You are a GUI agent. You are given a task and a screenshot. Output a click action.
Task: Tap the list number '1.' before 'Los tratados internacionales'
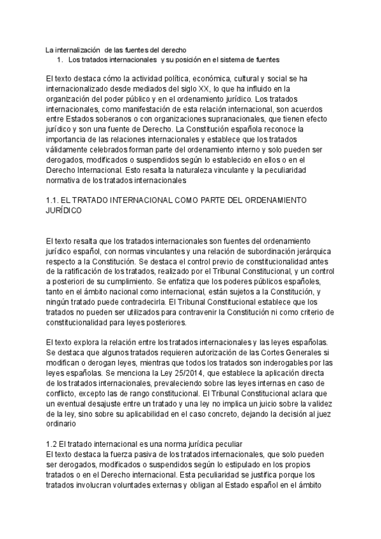tap(60, 59)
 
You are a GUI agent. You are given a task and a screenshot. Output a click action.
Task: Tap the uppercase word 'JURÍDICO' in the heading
tap(63, 210)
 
